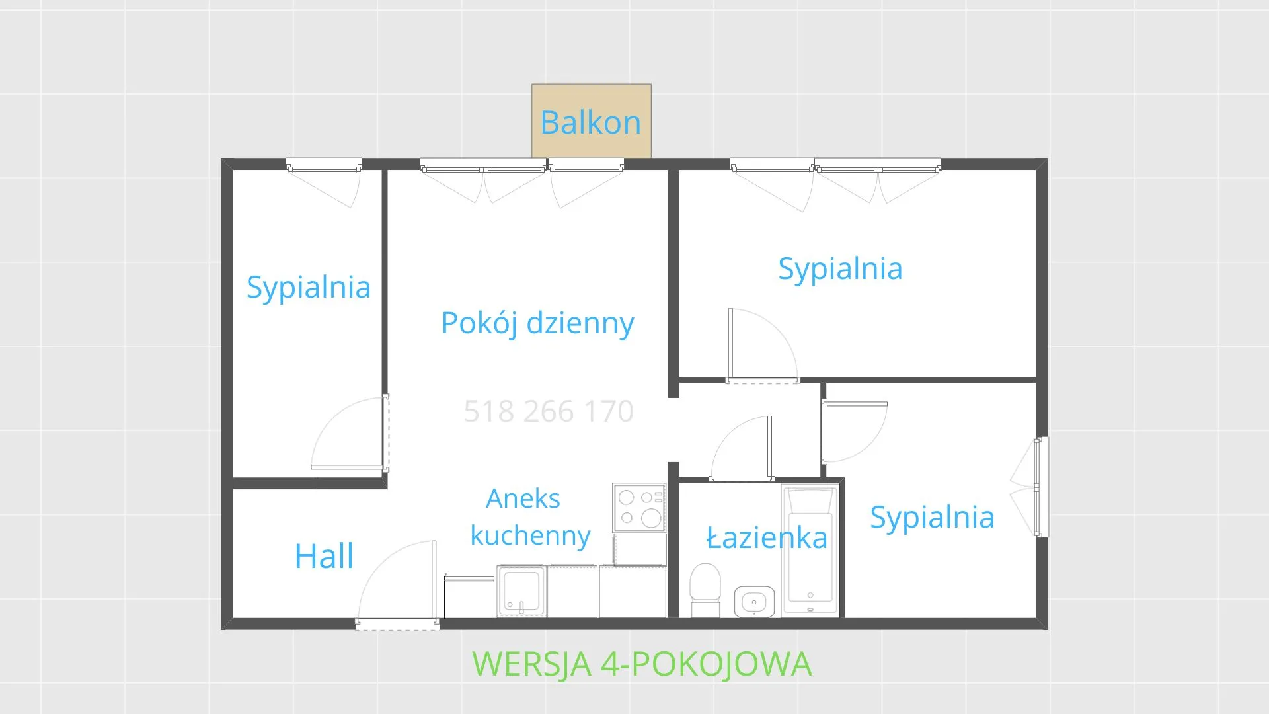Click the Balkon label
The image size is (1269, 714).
tap(590, 123)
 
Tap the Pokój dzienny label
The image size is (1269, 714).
tap(537, 323)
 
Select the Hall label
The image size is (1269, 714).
tap(324, 556)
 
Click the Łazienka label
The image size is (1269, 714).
tap(767, 538)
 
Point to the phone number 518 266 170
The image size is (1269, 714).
tap(549, 411)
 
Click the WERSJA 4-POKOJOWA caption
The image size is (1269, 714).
tap(642, 664)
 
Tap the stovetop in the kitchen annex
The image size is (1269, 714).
tap(639, 508)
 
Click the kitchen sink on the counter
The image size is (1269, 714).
tap(521, 590)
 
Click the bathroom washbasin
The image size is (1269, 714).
tap(753, 602)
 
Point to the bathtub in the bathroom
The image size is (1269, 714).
tap(810, 551)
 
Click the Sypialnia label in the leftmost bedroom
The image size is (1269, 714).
tap(308, 288)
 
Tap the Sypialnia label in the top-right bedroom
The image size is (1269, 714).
tap(840, 269)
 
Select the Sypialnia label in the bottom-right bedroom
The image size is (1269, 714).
tap(932, 518)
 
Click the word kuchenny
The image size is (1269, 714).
tap(530, 535)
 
